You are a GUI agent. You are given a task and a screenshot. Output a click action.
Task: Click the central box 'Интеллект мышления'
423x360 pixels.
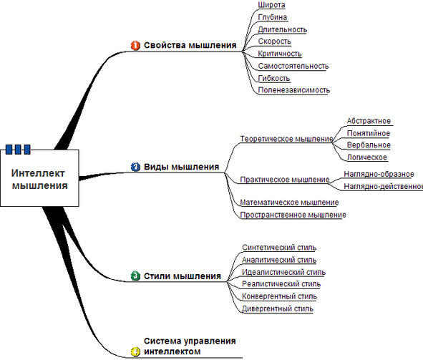pos(39,178)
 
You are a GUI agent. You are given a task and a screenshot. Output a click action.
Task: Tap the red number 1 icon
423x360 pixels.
pos(135,45)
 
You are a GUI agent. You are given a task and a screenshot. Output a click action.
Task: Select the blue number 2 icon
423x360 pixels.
pos(135,167)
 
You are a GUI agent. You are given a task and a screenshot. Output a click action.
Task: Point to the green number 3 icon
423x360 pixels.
pos(135,276)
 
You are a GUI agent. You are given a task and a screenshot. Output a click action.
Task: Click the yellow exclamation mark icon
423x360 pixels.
pos(135,351)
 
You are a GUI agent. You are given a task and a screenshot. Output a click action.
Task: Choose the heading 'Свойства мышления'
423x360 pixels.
pos(190,45)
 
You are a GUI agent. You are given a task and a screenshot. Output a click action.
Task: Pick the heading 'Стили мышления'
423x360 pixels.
pos(183,276)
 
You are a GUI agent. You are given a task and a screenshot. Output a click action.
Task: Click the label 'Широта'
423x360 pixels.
pos(271,5)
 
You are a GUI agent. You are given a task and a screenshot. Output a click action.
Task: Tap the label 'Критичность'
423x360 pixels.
pos(280,54)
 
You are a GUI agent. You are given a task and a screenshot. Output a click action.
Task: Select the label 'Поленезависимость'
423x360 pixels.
pos(294,90)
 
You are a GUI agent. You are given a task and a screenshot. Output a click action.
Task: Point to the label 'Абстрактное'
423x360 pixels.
pos(369,121)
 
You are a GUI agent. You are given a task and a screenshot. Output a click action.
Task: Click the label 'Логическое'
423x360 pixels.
pos(367,157)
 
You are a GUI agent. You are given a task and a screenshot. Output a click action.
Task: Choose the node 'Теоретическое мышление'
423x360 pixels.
pos(286,139)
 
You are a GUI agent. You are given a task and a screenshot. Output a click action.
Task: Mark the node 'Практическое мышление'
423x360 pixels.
pos(285,180)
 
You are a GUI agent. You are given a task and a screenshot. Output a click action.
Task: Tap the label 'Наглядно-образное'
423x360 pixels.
pos(379,174)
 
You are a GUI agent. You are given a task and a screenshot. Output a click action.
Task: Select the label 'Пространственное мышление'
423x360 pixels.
pos(293,215)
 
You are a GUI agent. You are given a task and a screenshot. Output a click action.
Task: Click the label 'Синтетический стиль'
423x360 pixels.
pos(279,248)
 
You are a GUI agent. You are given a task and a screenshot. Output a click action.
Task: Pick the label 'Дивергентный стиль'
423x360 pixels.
pos(278,308)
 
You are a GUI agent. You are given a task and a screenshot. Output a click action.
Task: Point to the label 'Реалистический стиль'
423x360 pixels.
pos(281,284)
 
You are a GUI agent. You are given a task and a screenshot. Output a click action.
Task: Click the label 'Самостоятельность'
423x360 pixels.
pos(293,66)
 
